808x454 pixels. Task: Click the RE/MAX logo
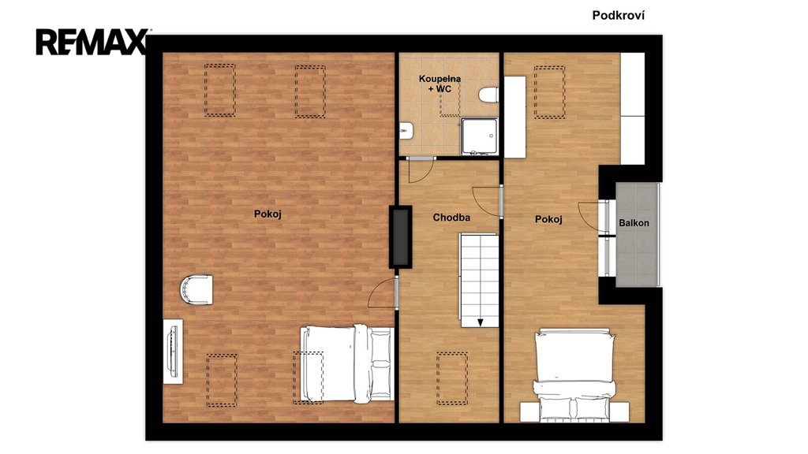[92, 42]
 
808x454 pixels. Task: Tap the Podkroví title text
[618, 16]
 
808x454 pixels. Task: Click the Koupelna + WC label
[440, 84]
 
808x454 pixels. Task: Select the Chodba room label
[451, 218]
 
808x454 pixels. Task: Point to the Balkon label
[634, 223]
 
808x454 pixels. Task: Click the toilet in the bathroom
[488, 95]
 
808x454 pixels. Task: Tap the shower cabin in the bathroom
[480, 136]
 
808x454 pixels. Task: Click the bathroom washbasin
[405, 132]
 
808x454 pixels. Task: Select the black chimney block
[400, 236]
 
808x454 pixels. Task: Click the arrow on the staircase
[481, 322]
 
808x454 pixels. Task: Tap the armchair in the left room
[196, 290]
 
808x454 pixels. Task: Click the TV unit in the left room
[173, 351]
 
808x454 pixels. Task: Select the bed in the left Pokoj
[347, 363]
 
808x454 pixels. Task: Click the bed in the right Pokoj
[574, 374]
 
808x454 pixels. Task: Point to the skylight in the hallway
[452, 378]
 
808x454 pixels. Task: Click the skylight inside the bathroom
[449, 102]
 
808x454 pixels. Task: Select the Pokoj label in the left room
[267, 214]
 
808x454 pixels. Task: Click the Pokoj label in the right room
[548, 219]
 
